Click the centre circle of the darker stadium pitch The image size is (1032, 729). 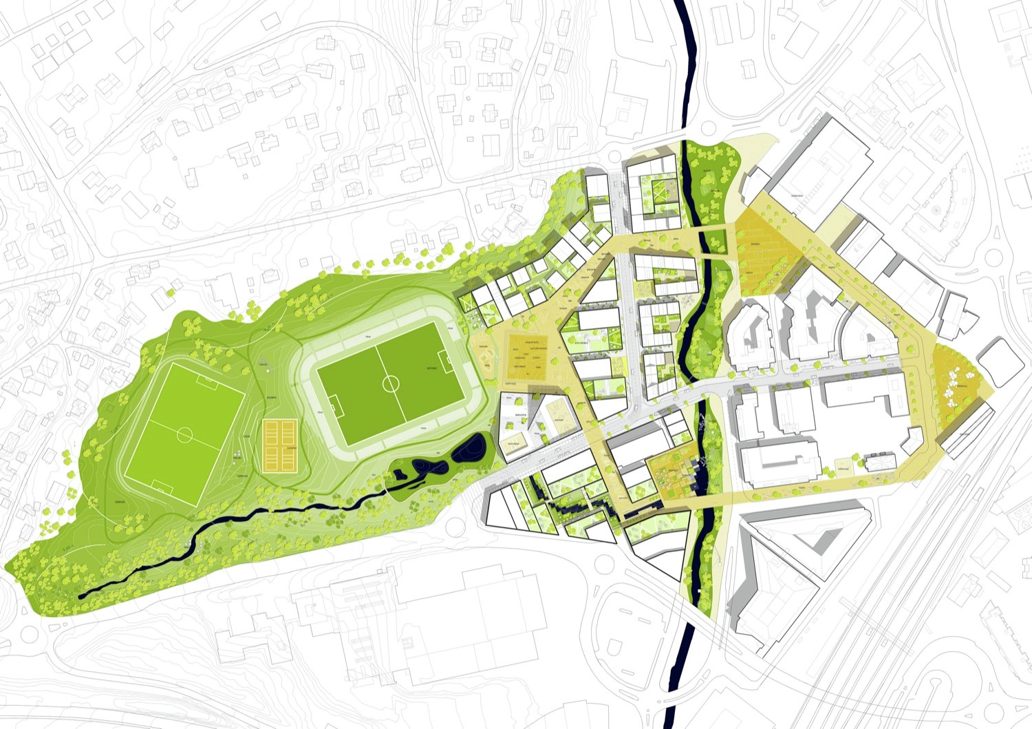(x=391, y=382)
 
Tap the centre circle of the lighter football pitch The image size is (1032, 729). (x=185, y=435)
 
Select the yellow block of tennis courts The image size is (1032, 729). (x=279, y=447)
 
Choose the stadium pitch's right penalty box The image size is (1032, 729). (x=444, y=359)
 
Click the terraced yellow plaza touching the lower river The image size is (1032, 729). (x=671, y=475)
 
